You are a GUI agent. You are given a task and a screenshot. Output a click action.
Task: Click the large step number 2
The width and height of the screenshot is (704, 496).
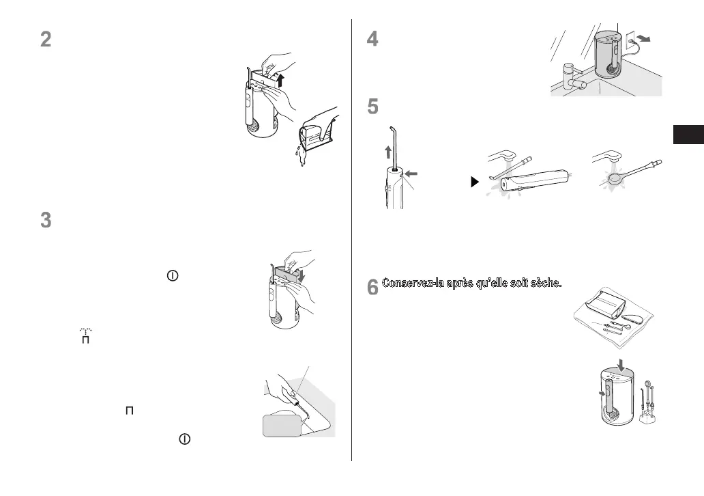(x=45, y=40)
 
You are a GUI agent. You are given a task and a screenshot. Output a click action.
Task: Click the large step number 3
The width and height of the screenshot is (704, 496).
(x=45, y=221)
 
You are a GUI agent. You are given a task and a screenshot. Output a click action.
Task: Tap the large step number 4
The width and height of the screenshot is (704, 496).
(x=372, y=40)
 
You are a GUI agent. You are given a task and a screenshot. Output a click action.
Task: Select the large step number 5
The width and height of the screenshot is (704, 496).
(x=372, y=108)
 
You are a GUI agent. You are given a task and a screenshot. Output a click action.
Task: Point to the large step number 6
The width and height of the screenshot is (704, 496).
(x=372, y=288)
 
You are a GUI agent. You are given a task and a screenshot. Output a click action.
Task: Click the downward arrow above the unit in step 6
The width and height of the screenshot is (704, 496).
(x=621, y=360)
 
